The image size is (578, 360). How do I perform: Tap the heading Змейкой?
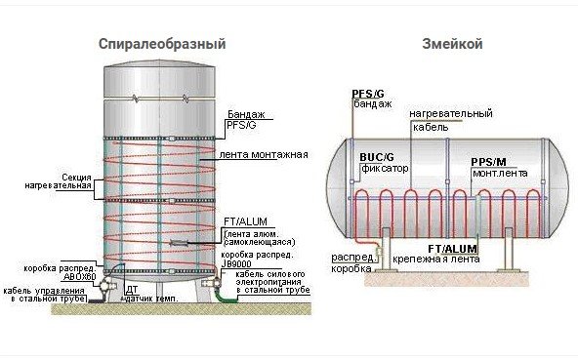(452, 45)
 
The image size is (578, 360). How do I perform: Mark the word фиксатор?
(379, 168)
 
